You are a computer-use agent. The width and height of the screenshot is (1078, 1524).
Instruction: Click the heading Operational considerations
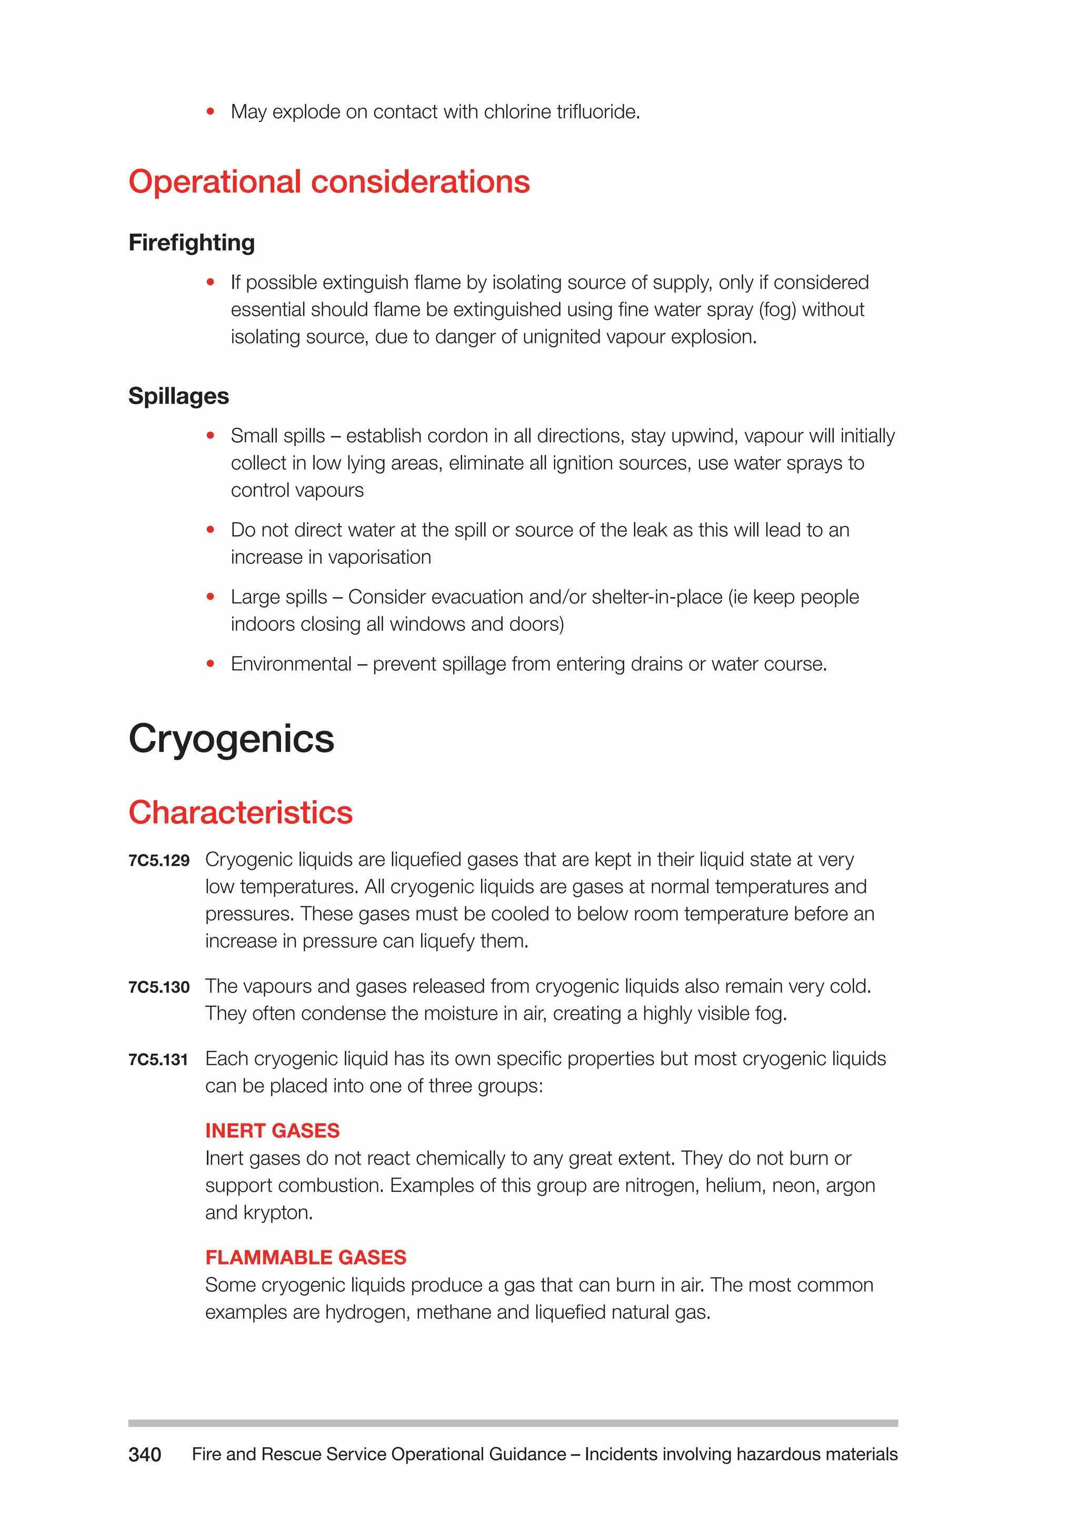click(x=328, y=182)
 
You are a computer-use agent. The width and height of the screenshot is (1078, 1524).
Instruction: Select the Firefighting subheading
click(x=191, y=243)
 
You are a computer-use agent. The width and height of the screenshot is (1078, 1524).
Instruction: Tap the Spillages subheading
click(x=178, y=396)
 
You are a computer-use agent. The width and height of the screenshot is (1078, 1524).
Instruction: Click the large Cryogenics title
click(x=231, y=739)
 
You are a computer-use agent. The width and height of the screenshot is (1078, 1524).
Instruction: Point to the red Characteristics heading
click(x=241, y=813)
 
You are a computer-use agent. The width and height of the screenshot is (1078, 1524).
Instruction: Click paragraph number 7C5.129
click(x=158, y=861)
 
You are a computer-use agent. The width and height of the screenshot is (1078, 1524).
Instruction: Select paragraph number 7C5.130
click(x=158, y=988)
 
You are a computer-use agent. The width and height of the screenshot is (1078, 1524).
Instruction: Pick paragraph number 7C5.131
click(x=158, y=1060)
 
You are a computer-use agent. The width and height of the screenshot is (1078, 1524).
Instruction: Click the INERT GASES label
click(x=272, y=1131)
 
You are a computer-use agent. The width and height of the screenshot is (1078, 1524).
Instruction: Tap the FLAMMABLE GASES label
click(x=305, y=1258)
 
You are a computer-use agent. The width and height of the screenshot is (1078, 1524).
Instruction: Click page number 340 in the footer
click(x=145, y=1455)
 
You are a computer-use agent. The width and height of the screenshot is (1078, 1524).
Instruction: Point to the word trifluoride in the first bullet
click(x=597, y=112)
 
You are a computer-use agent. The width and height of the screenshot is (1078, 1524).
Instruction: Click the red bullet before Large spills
click(x=211, y=597)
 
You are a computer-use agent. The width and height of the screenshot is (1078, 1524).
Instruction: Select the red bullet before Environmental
click(x=211, y=664)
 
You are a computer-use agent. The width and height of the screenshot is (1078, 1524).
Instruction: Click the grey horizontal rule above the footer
click(x=513, y=1423)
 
